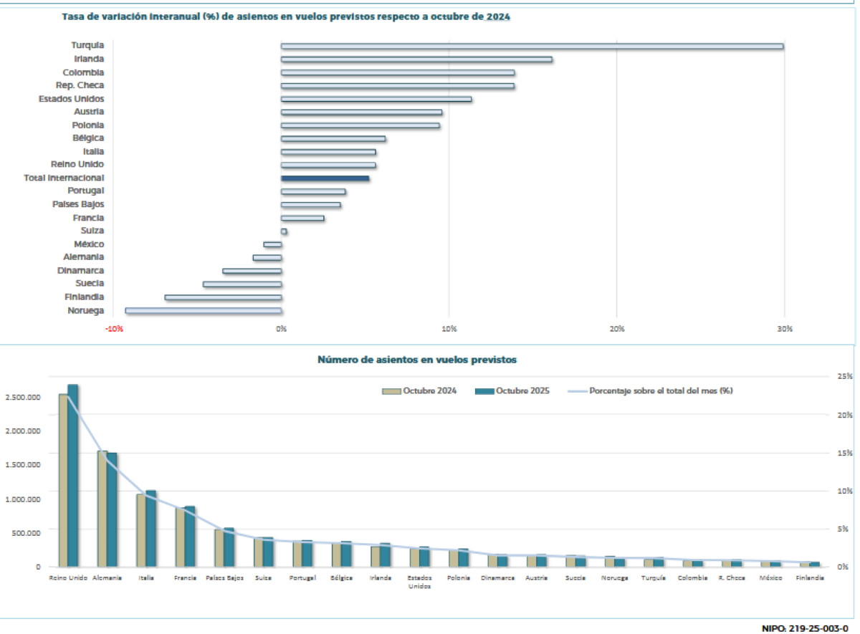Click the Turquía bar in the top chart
[x=532, y=46]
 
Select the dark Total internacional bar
[x=325, y=178]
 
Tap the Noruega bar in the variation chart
[x=204, y=311]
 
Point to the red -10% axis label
[x=113, y=329]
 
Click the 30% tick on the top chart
[x=784, y=329]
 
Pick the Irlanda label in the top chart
[x=89, y=59]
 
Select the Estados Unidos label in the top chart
[x=71, y=99]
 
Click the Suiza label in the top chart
[x=92, y=231]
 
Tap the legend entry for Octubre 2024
[x=419, y=391]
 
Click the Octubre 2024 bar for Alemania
[x=102, y=508]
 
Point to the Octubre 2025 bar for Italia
[x=150, y=528]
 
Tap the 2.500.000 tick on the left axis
[x=24, y=397]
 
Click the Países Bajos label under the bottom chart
[x=224, y=577]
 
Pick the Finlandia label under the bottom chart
[x=810, y=577]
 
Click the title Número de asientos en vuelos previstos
[x=416, y=360]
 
